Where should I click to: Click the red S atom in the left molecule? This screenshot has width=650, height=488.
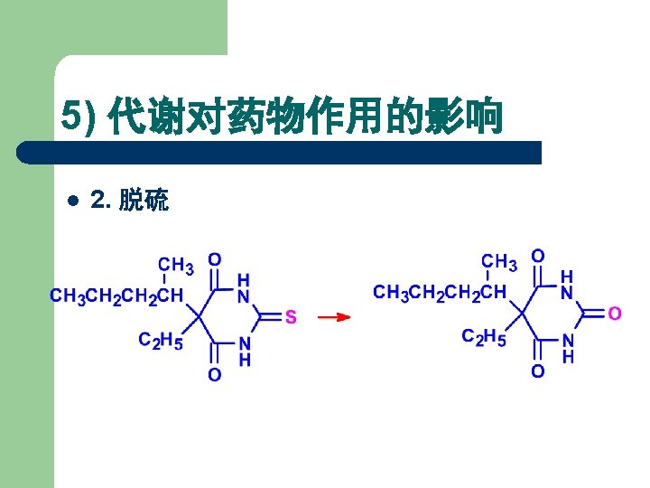pyautogui.click(x=291, y=317)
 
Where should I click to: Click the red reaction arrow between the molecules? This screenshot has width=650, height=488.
pyautogui.click(x=334, y=317)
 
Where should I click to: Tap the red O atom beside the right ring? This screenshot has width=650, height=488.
pyautogui.click(x=614, y=314)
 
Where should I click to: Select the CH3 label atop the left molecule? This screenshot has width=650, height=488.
pyautogui.click(x=176, y=266)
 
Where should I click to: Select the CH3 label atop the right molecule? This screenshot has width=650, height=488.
pyautogui.click(x=499, y=262)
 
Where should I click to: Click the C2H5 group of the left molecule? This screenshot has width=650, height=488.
pyautogui.click(x=160, y=341)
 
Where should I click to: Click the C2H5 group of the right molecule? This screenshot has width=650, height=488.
pyautogui.click(x=484, y=337)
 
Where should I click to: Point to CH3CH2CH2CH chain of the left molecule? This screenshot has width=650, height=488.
pyautogui.click(x=116, y=296)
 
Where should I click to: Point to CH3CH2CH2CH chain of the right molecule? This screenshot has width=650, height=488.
pyautogui.click(x=440, y=292)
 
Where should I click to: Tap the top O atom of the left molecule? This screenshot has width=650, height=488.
pyautogui.click(x=214, y=259)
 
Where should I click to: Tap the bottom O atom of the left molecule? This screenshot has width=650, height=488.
pyautogui.click(x=214, y=374)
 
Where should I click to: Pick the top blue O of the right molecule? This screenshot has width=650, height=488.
pyautogui.click(x=537, y=256)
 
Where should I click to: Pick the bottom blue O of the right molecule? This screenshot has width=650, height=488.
pyautogui.click(x=537, y=371)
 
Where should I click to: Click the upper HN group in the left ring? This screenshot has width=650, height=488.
pyautogui.click(x=244, y=288)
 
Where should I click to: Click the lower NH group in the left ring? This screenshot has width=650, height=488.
pyautogui.click(x=244, y=351)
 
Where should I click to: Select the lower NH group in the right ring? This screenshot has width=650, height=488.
pyautogui.click(x=567, y=348)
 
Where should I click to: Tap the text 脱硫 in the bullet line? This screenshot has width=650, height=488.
pyautogui.click(x=144, y=201)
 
